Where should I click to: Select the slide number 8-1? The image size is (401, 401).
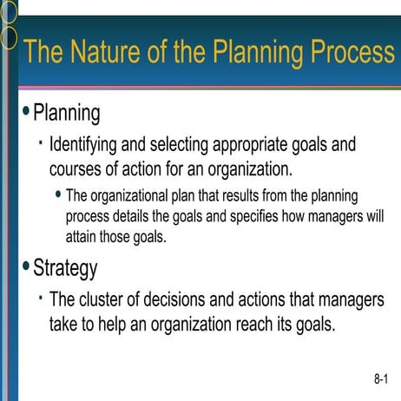[x=381, y=378]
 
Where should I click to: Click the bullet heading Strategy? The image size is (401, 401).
[x=65, y=268]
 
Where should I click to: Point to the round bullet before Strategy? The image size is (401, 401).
[x=26, y=265]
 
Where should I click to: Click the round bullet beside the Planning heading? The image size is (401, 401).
[x=26, y=110]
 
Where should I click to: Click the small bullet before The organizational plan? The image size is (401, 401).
[x=57, y=194]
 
